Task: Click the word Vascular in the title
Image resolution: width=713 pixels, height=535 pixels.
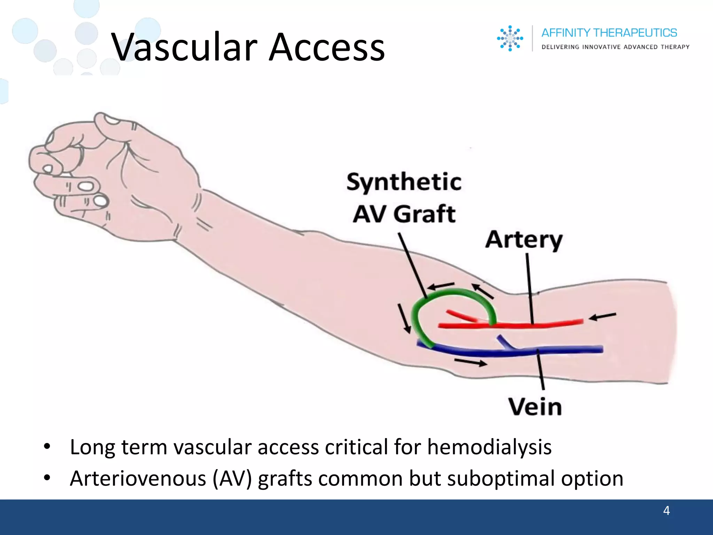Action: (x=185, y=47)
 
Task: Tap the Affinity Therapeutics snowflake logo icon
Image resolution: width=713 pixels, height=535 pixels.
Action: (x=510, y=38)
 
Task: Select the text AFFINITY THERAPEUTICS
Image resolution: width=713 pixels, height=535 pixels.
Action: (x=609, y=33)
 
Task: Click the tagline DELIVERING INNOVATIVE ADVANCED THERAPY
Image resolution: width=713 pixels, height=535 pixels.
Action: (x=615, y=47)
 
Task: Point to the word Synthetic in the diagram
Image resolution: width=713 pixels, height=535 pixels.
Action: (x=404, y=182)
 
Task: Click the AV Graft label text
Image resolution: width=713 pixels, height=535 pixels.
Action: (x=404, y=214)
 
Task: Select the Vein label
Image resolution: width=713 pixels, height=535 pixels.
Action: (x=535, y=406)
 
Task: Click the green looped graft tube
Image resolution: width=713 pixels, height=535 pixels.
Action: (x=453, y=292)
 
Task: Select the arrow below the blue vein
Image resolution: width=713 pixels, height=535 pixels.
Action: (x=471, y=363)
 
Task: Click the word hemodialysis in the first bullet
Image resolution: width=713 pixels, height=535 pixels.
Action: (x=489, y=447)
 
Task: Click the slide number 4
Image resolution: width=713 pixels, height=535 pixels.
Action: (x=666, y=510)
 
